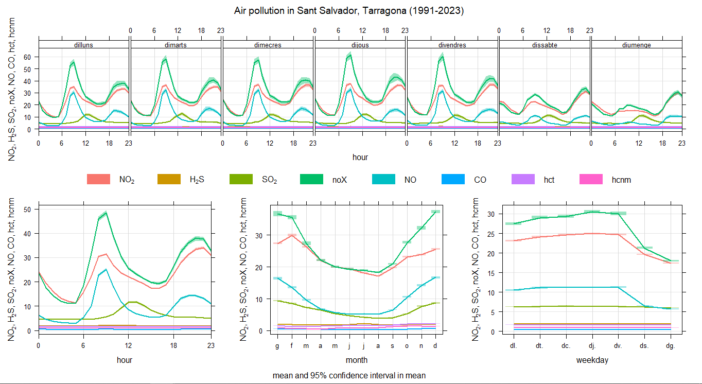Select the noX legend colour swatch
tap(311, 180)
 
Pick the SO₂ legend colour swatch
tap(240, 180)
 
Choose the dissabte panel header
tap(545, 45)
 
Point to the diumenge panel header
tap(637, 45)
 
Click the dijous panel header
tap(360, 45)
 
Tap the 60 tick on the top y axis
tap(28, 57)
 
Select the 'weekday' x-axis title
tap(592, 360)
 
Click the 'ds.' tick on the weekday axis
tap(644, 346)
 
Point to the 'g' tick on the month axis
tap(278, 346)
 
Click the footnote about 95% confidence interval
tap(349, 376)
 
